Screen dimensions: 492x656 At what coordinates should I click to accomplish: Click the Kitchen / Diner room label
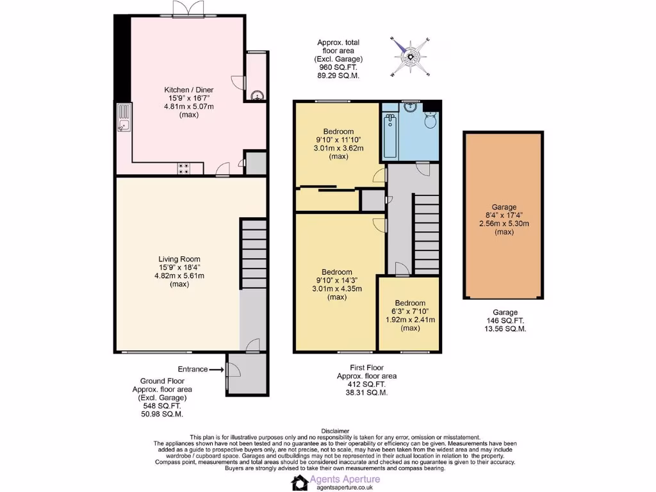pos(188,90)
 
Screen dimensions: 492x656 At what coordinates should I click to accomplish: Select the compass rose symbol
pos(410,58)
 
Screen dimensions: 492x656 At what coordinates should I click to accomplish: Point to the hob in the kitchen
pos(184,168)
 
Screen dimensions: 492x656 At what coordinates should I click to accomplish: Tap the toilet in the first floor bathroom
pos(430,121)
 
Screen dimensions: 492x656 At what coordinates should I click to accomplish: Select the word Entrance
pos(193,369)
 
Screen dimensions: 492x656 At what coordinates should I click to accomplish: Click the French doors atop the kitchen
pos(187,9)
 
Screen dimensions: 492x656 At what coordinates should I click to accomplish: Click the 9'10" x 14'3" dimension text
pos(337,280)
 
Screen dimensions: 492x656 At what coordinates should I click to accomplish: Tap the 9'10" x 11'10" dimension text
pos(338,140)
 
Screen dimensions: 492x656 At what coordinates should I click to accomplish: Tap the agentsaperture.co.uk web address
pos(345,488)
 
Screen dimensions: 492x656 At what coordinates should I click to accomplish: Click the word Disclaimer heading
pos(335,431)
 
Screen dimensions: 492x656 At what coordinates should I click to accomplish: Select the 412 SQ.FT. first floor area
pos(366,384)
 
